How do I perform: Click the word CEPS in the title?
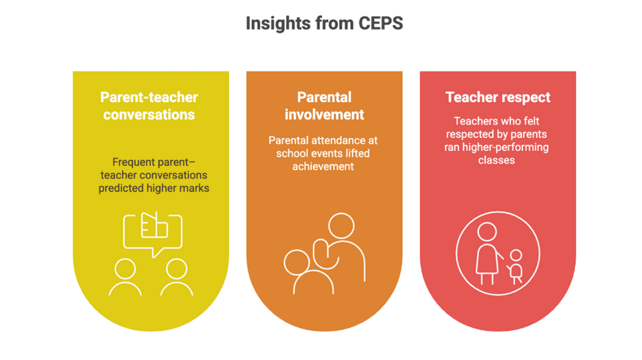click(381, 23)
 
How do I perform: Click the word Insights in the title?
click(278, 24)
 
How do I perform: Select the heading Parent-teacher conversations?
click(149, 106)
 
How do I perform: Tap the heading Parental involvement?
click(324, 106)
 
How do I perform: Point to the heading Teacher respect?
click(498, 98)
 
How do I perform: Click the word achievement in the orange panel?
click(323, 167)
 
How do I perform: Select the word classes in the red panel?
click(496, 160)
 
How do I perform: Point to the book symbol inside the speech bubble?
click(155, 225)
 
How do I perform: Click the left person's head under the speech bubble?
click(125, 269)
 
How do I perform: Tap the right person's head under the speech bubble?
click(177, 269)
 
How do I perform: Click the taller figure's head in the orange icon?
click(341, 225)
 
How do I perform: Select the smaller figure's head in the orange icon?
click(297, 263)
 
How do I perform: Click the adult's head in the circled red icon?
click(487, 232)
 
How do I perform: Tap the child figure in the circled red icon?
click(515, 267)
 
